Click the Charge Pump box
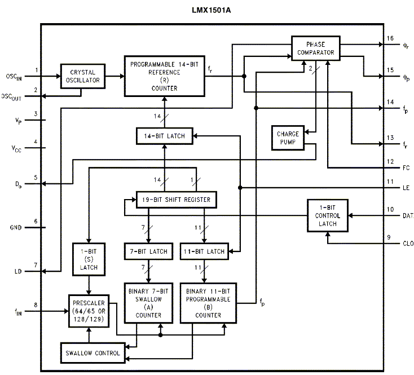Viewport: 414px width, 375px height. click(288, 138)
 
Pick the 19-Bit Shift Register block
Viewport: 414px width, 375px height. click(177, 200)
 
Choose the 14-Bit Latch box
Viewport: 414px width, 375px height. click(164, 135)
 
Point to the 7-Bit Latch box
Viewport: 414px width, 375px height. click(148, 251)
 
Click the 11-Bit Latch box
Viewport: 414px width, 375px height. click(204, 251)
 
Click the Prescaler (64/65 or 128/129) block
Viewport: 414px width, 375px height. click(89, 311)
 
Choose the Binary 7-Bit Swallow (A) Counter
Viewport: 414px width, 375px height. click(148, 303)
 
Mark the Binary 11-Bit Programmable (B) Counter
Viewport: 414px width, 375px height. click(208, 303)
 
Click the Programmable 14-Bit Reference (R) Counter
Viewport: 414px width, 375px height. click(164, 76)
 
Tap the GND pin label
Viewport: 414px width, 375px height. click(15, 228)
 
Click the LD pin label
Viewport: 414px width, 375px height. click(17, 272)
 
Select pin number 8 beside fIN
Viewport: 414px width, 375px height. click(36, 305)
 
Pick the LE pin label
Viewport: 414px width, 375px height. click(406, 187)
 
